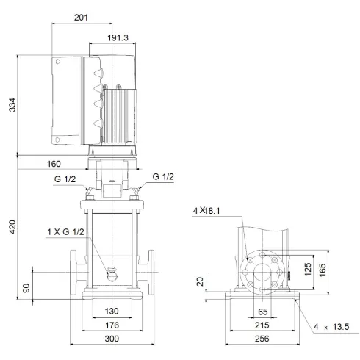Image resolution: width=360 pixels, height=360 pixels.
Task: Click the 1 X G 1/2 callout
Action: [x=67, y=234]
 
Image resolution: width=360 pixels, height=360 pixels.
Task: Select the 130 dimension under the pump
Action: [x=112, y=311]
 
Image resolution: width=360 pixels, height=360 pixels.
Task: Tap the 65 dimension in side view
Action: [x=262, y=311]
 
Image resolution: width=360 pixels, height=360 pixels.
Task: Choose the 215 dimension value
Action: [x=262, y=324]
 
